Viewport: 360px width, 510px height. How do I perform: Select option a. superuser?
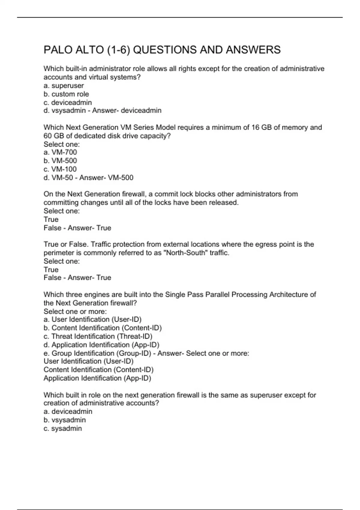pyautogui.click(x=64, y=86)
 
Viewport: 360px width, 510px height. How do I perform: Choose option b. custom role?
pyautogui.click(x=66, y=94)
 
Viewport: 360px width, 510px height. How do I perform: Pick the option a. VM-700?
pyautogui.click(x=60, y=152)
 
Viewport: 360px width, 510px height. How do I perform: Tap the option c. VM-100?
pyautogui.click(x=60, y=169)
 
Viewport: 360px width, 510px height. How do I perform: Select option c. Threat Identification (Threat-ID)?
pyautogui.click(x=98, y=337)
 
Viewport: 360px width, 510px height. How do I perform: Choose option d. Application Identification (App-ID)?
pyautogui.click(x=101, y=345)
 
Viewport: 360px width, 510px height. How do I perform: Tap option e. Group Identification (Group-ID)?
pyautogui.click(x=97, y=353)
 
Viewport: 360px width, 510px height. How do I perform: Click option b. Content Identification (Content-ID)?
pyautogui.click(x=103, y=328)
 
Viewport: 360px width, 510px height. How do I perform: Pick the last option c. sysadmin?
pyautogui.click(x=63, y=428)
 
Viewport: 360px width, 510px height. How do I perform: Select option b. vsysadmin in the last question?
pyautogui.click(x=64, y=420)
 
